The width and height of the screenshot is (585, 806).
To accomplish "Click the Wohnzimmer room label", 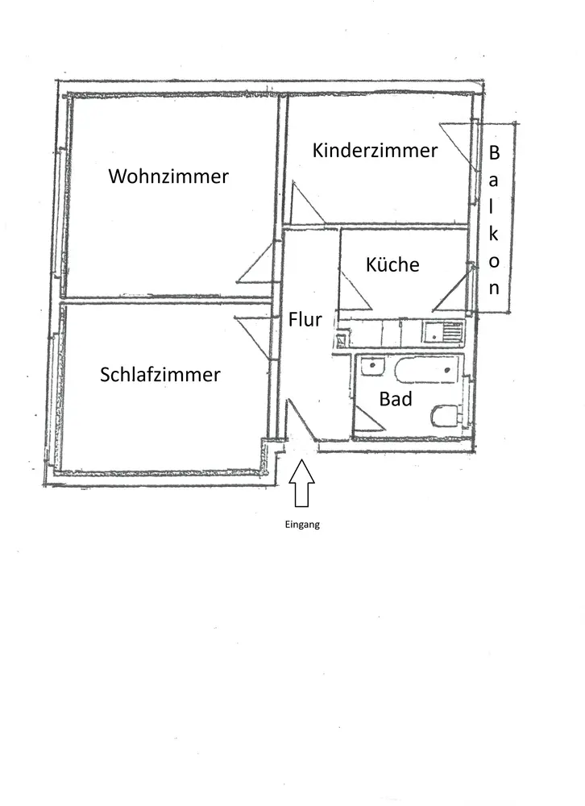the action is pos(168,177).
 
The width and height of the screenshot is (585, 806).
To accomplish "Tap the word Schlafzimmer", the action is pos(160,374).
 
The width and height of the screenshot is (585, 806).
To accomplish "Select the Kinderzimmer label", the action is pos(375,150).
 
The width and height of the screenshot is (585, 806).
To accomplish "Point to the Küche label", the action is pos(392,264).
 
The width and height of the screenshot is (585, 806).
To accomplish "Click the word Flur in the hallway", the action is pos(305,319).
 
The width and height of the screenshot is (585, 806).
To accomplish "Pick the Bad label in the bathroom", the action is pos(396,399).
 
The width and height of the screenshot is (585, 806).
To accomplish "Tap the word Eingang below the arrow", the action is pos(302,525).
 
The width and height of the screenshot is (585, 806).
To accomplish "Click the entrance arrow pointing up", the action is pos(301,483).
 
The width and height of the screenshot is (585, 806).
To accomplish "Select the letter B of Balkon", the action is pos(493,152).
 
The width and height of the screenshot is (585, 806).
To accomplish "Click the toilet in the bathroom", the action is pos(445,416).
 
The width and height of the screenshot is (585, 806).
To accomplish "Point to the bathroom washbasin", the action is pos(372,367).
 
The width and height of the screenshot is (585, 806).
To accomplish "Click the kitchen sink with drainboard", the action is pos(442,331).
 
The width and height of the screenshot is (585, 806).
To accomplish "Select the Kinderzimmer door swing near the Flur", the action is pos(307,203).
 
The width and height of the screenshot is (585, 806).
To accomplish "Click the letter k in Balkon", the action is pos(493,234).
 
